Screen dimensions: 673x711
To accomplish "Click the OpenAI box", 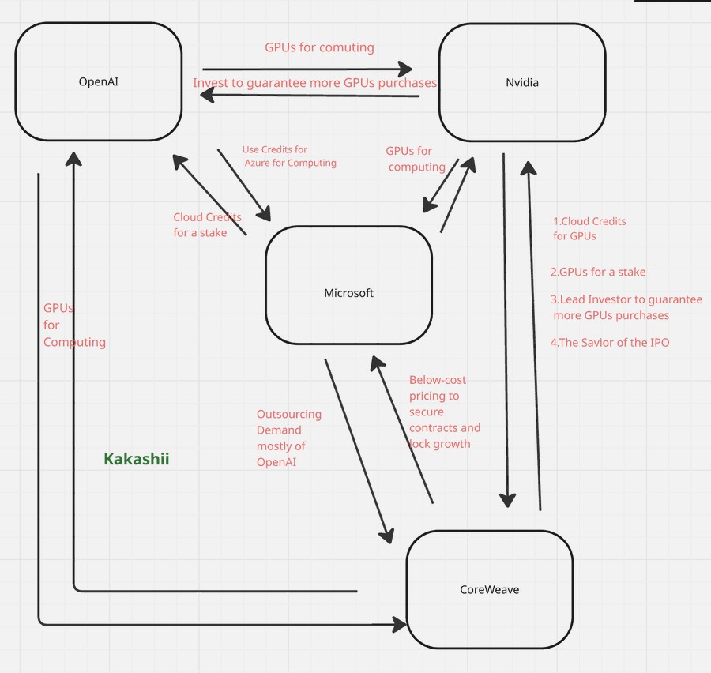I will click(98, 81).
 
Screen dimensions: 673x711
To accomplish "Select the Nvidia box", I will click(521, 82).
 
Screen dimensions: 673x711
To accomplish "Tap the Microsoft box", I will click(348, 293).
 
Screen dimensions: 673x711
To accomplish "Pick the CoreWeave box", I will click(489, 589).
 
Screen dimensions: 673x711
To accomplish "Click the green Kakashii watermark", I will click(137, 459).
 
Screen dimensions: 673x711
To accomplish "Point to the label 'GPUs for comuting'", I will click(319, 47).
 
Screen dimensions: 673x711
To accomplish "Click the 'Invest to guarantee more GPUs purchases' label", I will click(314, 83).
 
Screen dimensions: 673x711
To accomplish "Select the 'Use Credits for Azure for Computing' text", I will click(288, 156).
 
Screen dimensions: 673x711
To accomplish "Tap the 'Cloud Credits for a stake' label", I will click(207, 224).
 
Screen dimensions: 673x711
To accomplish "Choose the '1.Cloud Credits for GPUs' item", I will click(589, 228).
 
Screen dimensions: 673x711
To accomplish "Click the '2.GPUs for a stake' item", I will click(598, 272).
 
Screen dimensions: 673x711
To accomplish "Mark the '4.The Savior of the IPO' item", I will click(609, 342).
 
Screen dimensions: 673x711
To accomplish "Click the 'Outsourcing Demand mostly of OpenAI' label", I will click(288, 438).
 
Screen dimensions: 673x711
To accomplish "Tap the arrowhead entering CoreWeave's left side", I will click(400, 625).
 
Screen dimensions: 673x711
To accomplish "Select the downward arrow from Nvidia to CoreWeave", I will click(505, 332).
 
